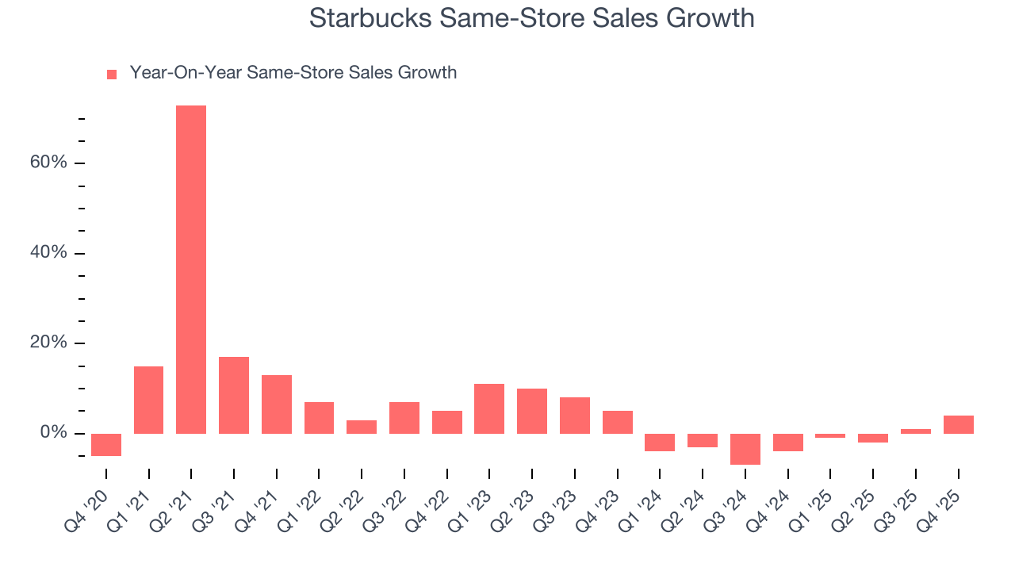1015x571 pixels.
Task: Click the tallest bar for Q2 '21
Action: (x=191, y=270)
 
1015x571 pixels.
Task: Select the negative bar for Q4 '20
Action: (x=106, y=445)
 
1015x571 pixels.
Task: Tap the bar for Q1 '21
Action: (x=149, y=400)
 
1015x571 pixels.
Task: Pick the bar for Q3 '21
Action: (x=234, y=395)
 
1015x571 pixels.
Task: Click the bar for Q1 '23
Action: (x=489, y=408)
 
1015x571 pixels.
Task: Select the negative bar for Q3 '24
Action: (x=745, y=449)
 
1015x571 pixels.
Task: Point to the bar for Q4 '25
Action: (x=958, y=424)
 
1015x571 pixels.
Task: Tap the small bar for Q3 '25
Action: (x=916, y=431)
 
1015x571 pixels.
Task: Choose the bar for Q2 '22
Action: (x=362, y=427)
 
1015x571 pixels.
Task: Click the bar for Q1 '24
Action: (x=660, y=443)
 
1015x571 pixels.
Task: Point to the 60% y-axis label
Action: (x=49, y=163)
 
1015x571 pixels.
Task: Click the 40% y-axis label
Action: (x=49, y=253)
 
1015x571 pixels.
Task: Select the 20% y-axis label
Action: (x=49, y=343)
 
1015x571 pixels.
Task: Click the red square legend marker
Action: (x=112, y=74)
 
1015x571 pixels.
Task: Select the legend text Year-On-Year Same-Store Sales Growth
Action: (x=293, y=73)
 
